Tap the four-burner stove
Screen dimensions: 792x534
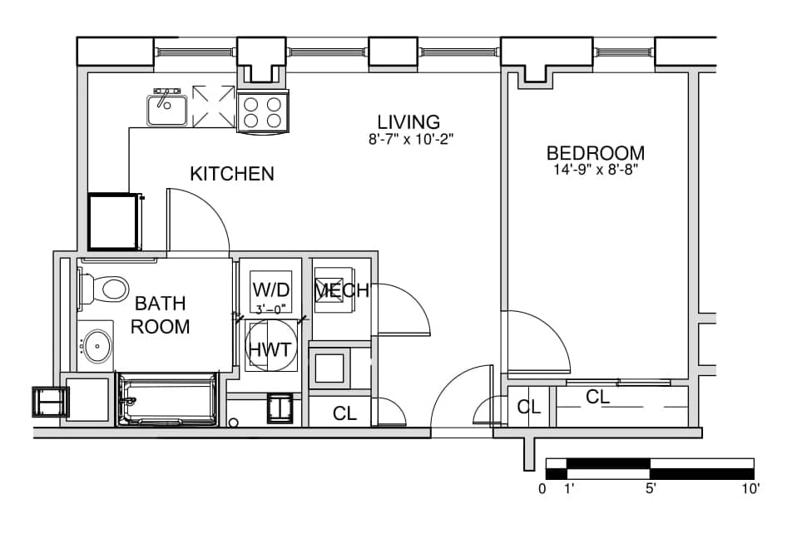pyautogui.click(x=263, y=112)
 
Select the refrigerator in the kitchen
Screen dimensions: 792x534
pyautogui.click(x=115, y=221)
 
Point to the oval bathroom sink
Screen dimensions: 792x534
pyautogui.click(x=97, y=346)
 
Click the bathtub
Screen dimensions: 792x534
pyautogui.click(x=168, y=399)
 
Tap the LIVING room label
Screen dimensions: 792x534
pyautogui.click(x=408, y=121)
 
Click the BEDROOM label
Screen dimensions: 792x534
pyautogui.click(x=596, y=152)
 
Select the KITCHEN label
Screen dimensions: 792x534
pyautogui.click(x=232, y=174)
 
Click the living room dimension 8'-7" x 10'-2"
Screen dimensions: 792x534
pyautogui.click(x=411, y=140)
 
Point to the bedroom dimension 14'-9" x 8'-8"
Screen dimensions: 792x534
pyautogui.click(x=596, y=169)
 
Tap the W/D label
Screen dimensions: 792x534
pyautogui.click(x=271, y=289)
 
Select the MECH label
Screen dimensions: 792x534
pyautogui.click(x=342, y=290)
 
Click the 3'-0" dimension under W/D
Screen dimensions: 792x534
pyautogui.click(x=270, y=309)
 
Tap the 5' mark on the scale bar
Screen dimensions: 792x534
pyautogui.click(x=651, y=488)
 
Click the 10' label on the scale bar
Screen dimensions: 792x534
pyautogui.click(x=750, y=488)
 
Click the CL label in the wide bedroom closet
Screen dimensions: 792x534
pyautogui.click(x=597, y=397)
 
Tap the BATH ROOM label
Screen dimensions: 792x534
pyautogui.click(x=160, y=314)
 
